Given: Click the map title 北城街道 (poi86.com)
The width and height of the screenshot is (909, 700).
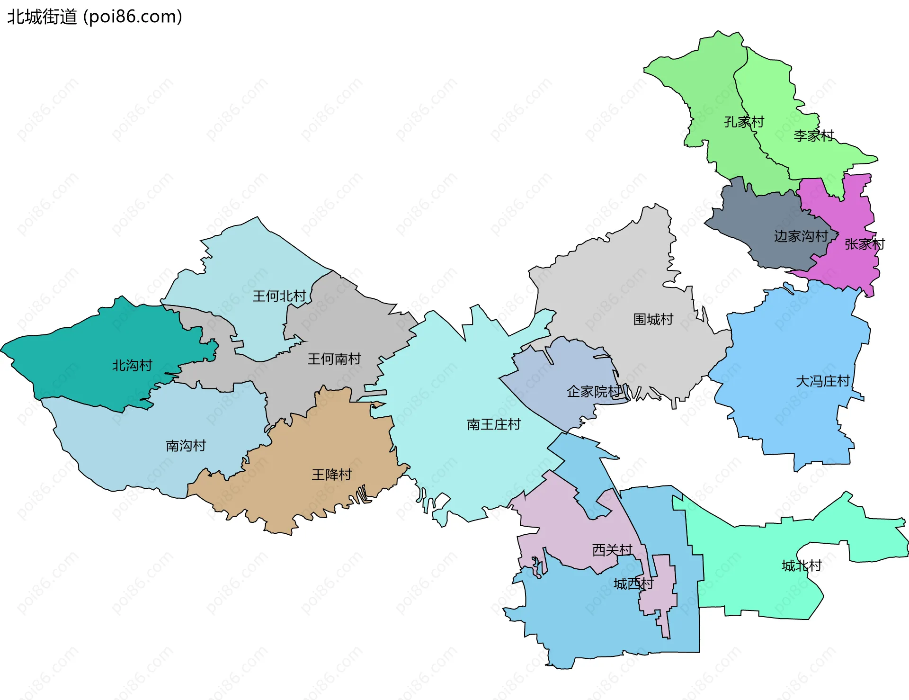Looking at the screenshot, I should pyautogui.click(x=95, y=17).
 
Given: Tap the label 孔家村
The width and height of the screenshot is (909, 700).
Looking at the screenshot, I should pyautogui.click(x=744, y=122).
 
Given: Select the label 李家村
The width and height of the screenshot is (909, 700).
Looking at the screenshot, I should pyautogui.click(x=813, y=136).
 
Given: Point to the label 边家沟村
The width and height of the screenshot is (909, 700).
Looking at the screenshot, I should pyautogui.click(x=801, y=236).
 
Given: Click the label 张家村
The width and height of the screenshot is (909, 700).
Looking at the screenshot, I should pyautogui.click(x=864, y=244).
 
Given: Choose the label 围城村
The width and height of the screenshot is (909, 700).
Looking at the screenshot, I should pyautogui.click(x=653, y=319).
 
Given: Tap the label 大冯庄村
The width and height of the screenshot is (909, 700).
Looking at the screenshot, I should pyautogui.click(x=823, y=381).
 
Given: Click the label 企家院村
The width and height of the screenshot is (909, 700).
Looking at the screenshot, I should pyautogui.click(x=594, y=392).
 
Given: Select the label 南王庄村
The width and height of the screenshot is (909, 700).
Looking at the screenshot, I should pyautogui.click(x=493, y=424).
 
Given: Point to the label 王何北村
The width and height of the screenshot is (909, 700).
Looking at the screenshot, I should pyautogui.click(x=279, y=296).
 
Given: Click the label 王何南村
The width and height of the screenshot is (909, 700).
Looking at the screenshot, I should pyautogui.click(x=334, y=359).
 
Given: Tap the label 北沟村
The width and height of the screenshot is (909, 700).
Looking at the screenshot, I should pyautogui.click(x=132, y=366).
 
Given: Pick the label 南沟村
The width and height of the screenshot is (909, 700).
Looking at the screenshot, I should pyautogui.click(x=186, y=446).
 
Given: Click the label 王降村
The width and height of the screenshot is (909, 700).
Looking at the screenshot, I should pyautogui.click(x=331, y=475).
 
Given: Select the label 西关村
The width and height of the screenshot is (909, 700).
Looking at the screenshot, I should pyautogui.click(x=612, y=550).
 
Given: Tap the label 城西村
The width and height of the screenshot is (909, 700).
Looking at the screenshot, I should pyautogui.click(x=633, y=583).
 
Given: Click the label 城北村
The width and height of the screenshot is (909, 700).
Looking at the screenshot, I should pyautogui.click(x=802, y=565).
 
